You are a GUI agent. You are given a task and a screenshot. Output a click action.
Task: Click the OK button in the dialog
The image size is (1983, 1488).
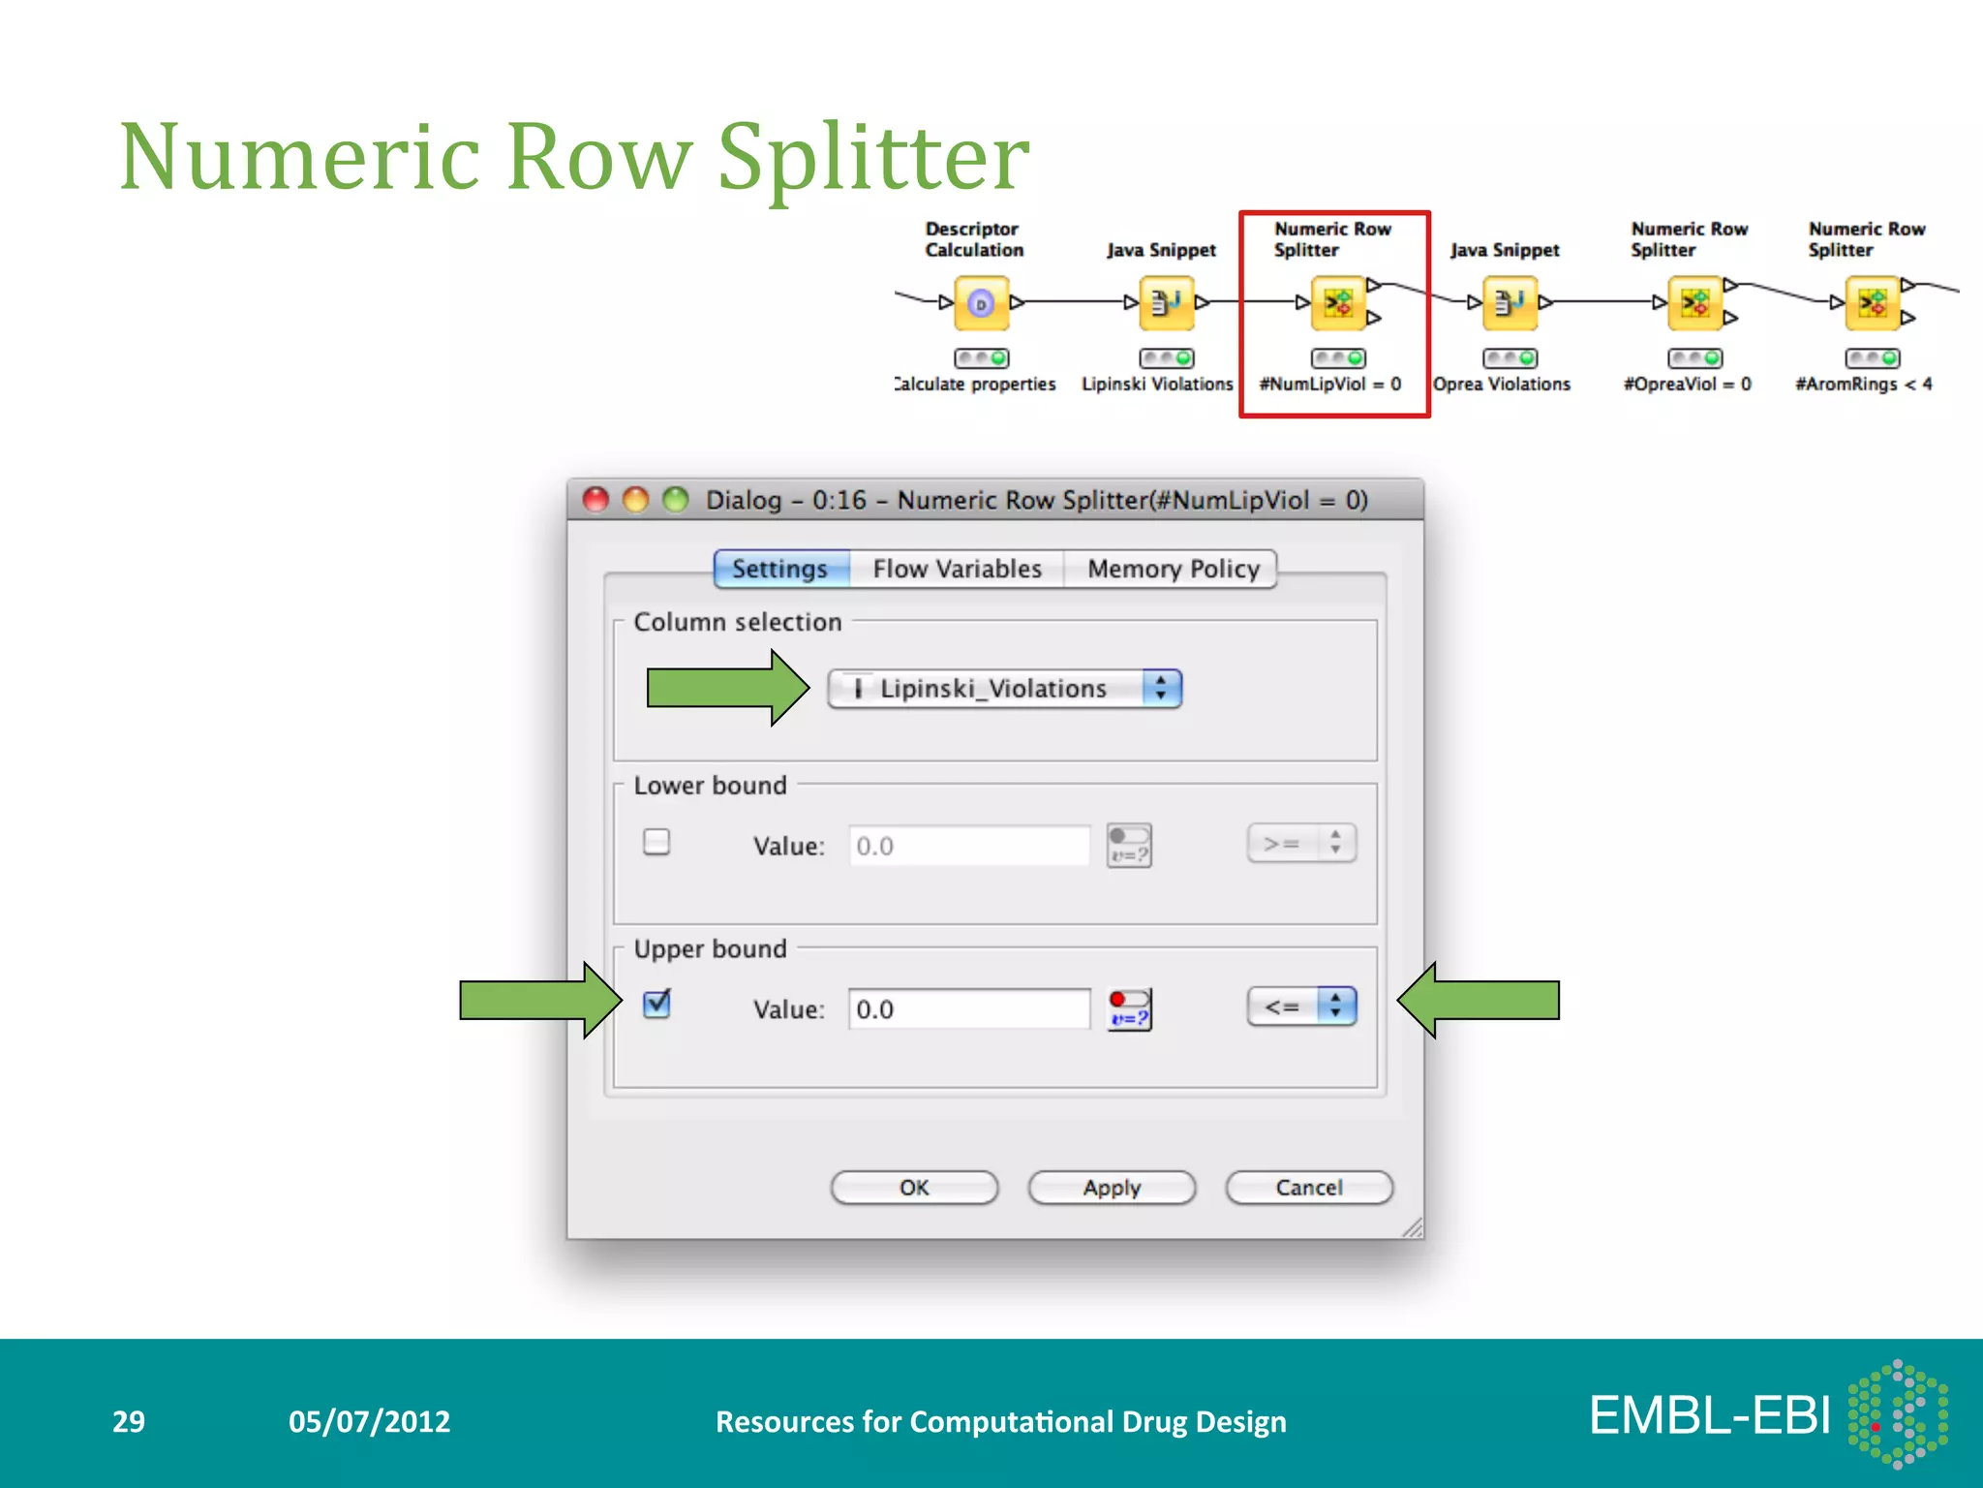pyautogui.click(x=914, y=1188)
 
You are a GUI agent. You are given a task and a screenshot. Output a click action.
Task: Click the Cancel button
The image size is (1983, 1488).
pyautogui.click(x=1309, y=1188)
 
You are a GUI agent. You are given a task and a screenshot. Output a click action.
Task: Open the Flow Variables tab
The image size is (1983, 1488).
pyautogui.click(x=957, y=569)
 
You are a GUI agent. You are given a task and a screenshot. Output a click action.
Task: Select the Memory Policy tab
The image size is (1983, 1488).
pyautogui.click(x=1173, y=569)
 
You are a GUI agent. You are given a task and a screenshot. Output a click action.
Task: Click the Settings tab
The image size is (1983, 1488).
pyautogui.click(x=780, y=569)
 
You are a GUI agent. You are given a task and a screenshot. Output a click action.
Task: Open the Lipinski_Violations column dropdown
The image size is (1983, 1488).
pyautogui.click(x=1005, y=689)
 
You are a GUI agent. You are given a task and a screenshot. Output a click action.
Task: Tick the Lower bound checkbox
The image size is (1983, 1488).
pyautogui.click(x=656, y=842)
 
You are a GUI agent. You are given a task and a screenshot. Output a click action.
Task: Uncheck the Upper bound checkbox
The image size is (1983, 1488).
pyautogui.click(x=656, y=1005)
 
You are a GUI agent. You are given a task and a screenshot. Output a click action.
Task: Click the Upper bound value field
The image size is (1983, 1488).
pyautogui.click(x=968, y=1009)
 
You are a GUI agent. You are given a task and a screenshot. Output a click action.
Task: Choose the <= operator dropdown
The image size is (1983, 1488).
pyautogui.click(x=1301, y=1007)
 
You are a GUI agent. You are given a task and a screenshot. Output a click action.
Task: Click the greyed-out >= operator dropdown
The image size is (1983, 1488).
pyautogui.click(x=1301, y=844)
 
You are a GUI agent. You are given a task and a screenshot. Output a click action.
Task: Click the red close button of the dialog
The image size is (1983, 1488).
pyautogui.click(x=595, y=500)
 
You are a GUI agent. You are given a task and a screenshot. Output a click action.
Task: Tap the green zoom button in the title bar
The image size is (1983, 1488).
pyautogui.click(x=675, y=500)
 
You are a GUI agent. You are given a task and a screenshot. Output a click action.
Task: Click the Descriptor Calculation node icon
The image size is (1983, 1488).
pyautogui.click(x=981, y=303)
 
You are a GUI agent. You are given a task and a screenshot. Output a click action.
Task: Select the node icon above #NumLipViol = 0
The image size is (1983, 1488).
pyautogui.click(x=1337, y=303)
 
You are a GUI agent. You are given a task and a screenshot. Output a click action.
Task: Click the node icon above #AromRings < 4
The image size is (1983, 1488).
pyautogui.click(x=1872, y=303)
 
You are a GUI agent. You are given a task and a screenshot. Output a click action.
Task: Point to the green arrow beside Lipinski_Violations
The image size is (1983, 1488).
pyautogui.click(x=726, y=688)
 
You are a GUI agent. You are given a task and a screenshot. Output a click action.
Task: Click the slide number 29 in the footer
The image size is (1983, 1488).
pyautogui.click(x=129, y=1421)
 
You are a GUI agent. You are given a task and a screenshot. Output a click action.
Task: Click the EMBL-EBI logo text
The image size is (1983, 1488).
pyautogui.click(x=1710, y=1416)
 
